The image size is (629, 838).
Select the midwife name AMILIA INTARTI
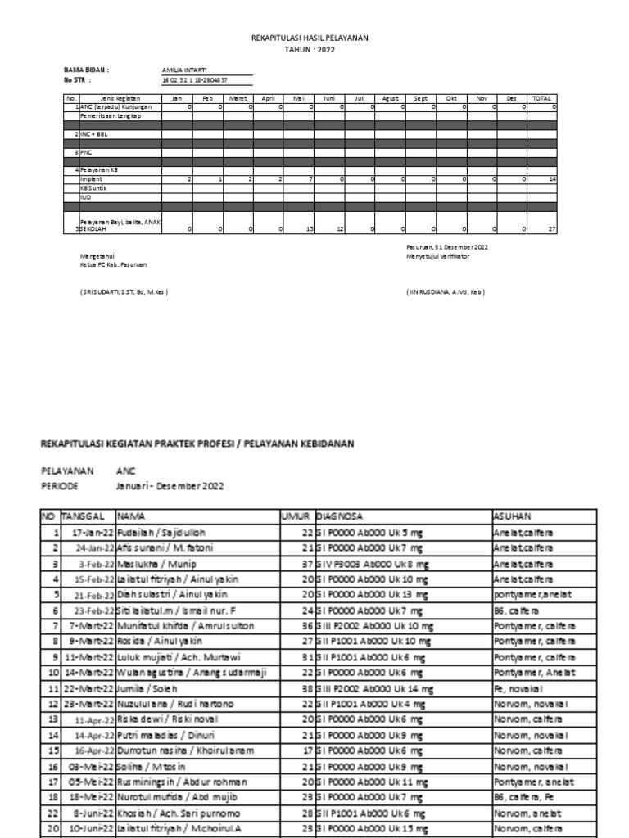click(x=184, y=70)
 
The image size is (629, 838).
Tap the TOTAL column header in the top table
click(x=541, y=97)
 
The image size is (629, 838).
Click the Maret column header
click(x=238, y=97)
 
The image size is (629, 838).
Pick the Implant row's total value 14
click(x=553, y=178)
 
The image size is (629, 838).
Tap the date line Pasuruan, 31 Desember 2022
click(x=447, y=246)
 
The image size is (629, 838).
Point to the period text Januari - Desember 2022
click(x=170, y=485)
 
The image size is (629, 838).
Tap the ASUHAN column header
click(x=512, y=516)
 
